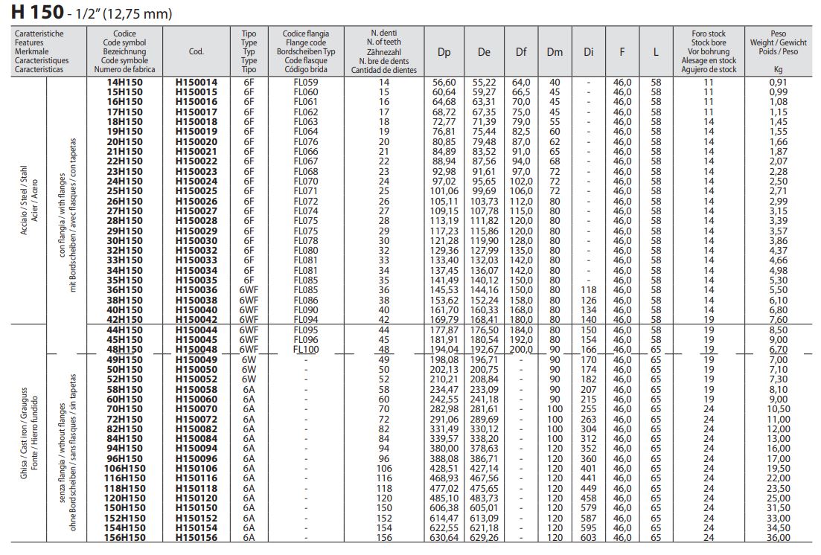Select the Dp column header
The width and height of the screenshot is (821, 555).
[444, 52]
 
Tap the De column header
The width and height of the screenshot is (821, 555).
[484, 52]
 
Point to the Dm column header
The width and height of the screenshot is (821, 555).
[555, 52]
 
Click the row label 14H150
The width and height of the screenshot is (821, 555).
[125, 82]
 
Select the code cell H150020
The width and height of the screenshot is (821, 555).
[197, 141]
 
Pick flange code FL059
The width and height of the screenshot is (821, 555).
[305, 82]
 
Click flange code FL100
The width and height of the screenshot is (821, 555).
[305, 349]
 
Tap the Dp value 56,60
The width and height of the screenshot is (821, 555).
[444, 82]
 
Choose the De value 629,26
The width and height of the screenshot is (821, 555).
[484, 538]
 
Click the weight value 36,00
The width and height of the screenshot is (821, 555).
[778, 538]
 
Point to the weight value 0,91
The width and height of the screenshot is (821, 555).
[778, 82]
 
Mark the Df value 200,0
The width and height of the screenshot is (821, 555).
[521, 349]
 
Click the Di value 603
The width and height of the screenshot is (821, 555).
[588, 538]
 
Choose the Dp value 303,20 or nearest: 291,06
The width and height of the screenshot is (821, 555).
[444, 419]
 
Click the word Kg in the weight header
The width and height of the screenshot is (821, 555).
[778, 69]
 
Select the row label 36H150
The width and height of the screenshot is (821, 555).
[125, 289]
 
